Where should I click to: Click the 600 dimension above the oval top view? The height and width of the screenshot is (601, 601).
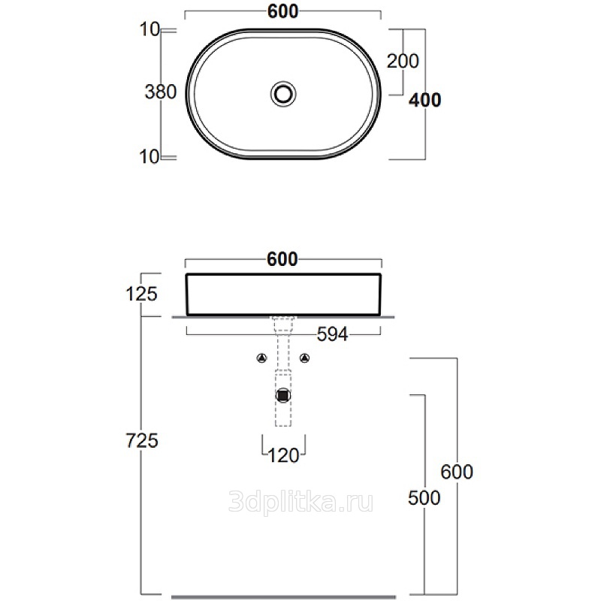pyautogui.click(x=283, y=11)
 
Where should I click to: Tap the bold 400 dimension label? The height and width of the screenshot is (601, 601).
pyautogui.click(x=424, y=100)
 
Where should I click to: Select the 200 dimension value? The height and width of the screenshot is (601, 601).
pyautogui.click(x=403, y=61)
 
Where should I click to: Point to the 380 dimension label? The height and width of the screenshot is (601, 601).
pyautogui.click(x=161, y=92)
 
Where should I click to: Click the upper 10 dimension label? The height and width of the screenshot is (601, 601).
pyautogui.click(x=149, y=29)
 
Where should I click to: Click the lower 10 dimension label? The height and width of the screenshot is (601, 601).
pyautogui.click(x=149, y=157)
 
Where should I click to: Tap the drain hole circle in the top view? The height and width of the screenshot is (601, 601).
pyautogui.click(x=283, y=94)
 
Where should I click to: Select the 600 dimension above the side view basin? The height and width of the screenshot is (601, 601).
pyautogui.click(x=282, y=259)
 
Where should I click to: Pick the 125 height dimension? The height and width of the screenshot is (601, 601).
pyautogui.click(x=141, y=294)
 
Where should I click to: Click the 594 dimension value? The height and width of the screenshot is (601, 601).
pyautogui.click(x=332, y=334)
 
